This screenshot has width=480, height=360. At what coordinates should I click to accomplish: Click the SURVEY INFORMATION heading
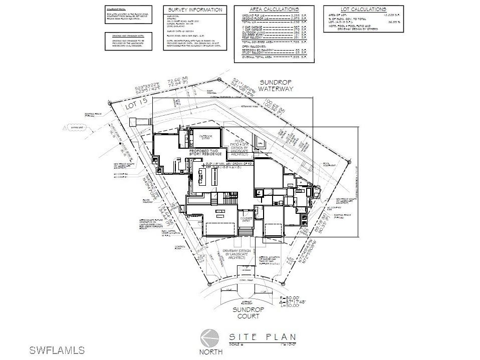pos(195,10)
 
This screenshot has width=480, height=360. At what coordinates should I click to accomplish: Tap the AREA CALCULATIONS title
pos(274,10)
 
